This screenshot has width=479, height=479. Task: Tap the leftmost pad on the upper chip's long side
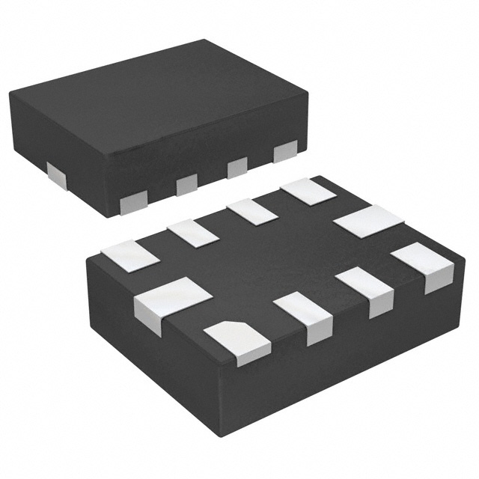click(x=132, y=201)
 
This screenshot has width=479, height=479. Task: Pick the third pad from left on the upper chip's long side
click(x=237, y=167)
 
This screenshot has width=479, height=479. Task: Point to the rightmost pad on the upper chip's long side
click(x=285, y=151)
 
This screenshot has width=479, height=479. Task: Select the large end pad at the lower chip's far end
click(x=368, y=222)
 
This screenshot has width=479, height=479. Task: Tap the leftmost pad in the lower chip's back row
click(x=131, y=255)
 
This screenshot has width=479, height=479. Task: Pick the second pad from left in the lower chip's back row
click(x=192, y=233)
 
